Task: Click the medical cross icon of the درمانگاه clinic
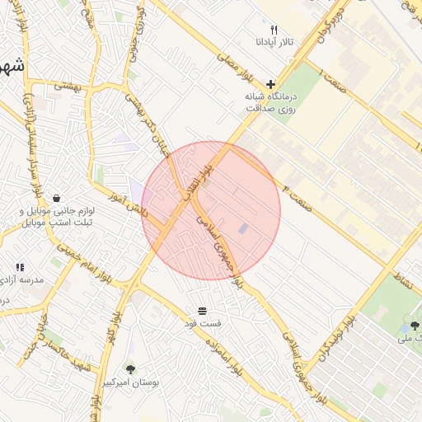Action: pyautogui.click(x=271, y=84)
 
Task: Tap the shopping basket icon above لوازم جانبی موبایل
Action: pyautogui.click(x=56, y=199)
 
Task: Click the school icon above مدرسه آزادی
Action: pyautogui.click(x=20, y=267)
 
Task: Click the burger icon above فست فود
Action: pyautogui.click(x=202, y=311)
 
